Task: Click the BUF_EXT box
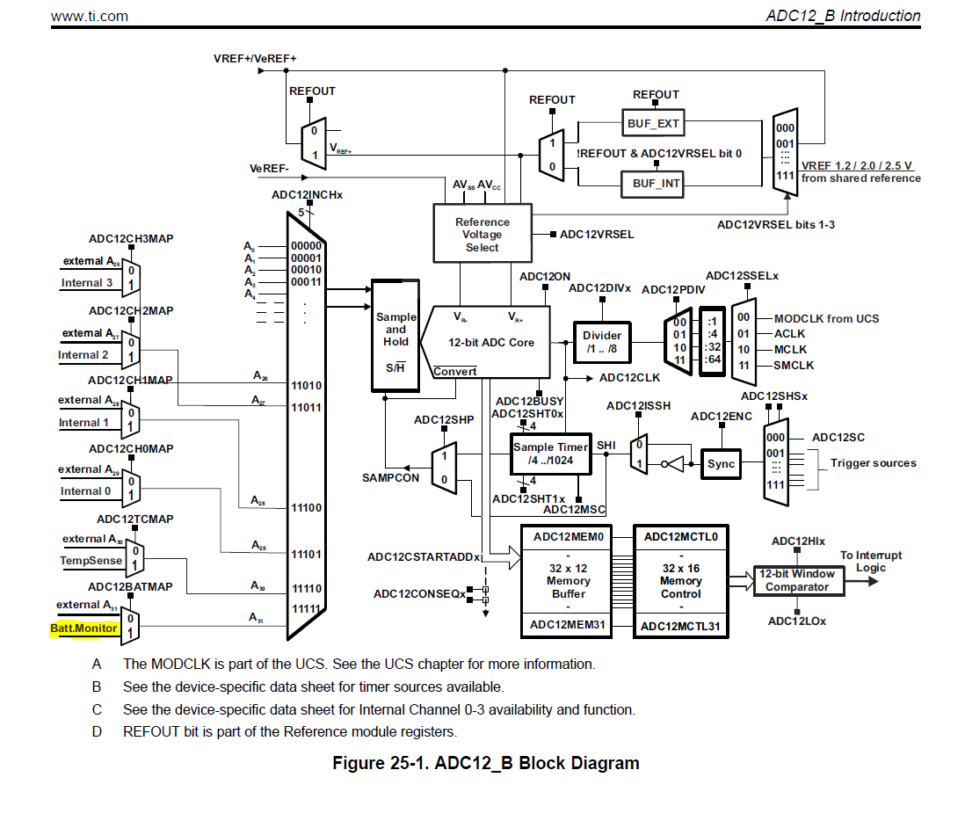(x=653, y=124)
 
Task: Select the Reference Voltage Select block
(x=482, y=234)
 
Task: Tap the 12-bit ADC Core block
(x=490, y=343)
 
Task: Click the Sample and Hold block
(x=395, y=335)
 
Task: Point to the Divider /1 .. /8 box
(x=602, y=341)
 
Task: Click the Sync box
(x=721, y=464)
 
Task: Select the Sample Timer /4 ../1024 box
(x=551, y=454)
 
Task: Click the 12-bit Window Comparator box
(x=797, y=580)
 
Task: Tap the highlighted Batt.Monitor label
(x=83, y=628)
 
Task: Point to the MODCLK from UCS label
(x=826, y=318)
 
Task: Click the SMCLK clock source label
(x=794, y=365)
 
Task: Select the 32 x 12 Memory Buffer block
(x=568, y=581)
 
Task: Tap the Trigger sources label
(x=873, y=463)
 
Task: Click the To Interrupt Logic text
(x=871, y=561)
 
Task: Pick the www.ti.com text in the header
(x=89, y=16)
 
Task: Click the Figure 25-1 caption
(x=485, y=763)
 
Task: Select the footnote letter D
(x=97, y=731)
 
